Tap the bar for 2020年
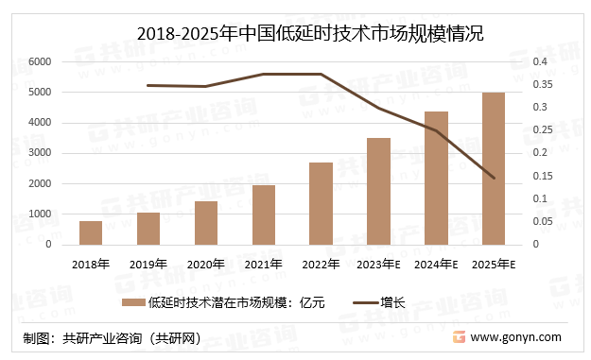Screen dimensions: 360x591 (x=206, y=223)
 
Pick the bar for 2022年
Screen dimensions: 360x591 (x=322, y=203)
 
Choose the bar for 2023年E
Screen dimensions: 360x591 (x=379, y=191)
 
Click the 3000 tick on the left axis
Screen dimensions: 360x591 (x=39, y=153)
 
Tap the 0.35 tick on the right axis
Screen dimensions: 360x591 (x=540, y=85)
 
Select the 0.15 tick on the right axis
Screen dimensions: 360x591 (x=540, y=176)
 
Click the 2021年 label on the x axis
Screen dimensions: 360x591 (x=264, y=265)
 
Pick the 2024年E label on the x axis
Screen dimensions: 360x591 (x=436, y=265)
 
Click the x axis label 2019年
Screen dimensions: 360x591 (x=148, y=265)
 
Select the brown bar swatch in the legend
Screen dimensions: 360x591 (x=133, y=303)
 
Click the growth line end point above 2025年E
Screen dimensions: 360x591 (x=494, y=178)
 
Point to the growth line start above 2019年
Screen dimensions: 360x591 (x=148, y=85)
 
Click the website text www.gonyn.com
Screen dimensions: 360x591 (x=515, y=337)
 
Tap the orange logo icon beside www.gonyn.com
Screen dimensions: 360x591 (x=459, y=337)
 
